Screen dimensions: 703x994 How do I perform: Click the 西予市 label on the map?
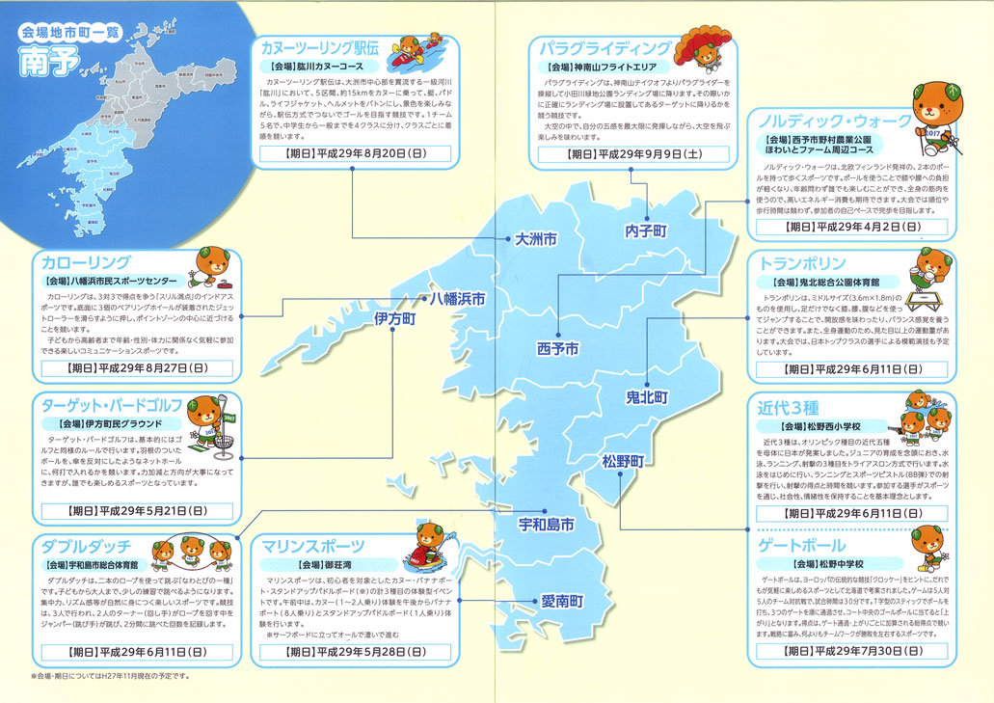pos(558,348)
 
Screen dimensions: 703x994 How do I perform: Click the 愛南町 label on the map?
pos(561,601)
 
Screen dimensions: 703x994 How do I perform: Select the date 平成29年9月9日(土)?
pos(632,152)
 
